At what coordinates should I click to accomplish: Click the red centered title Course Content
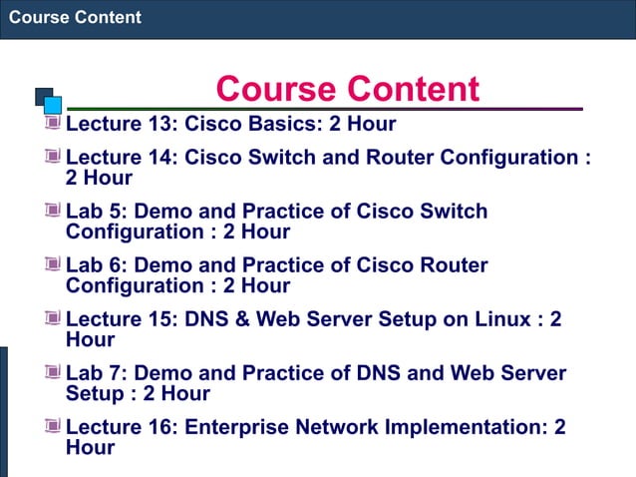point(347,89)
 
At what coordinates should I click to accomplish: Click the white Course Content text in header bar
point(75,17)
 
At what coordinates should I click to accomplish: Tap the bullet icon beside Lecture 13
point(52,124)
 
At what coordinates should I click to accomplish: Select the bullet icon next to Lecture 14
point(52,157)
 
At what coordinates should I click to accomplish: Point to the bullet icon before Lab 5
point(52,211)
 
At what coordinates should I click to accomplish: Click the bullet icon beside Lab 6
point(52,264)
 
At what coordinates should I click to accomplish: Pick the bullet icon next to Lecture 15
point(52,318)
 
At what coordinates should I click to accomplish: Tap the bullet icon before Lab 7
point(52,372)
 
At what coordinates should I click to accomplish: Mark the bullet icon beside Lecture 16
point(52,426)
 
